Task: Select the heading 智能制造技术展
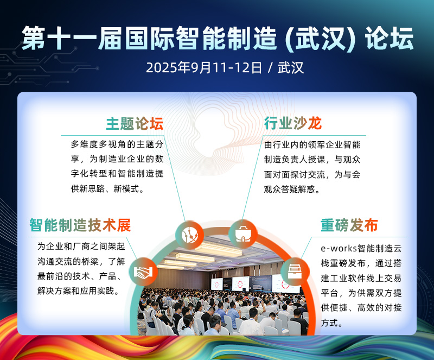tap(80, 224)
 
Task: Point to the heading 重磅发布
tap(349, 225)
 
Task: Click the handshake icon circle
tap(143, 271)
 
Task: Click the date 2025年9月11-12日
tap(203, 68)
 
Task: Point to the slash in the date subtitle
tap(270, 68)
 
